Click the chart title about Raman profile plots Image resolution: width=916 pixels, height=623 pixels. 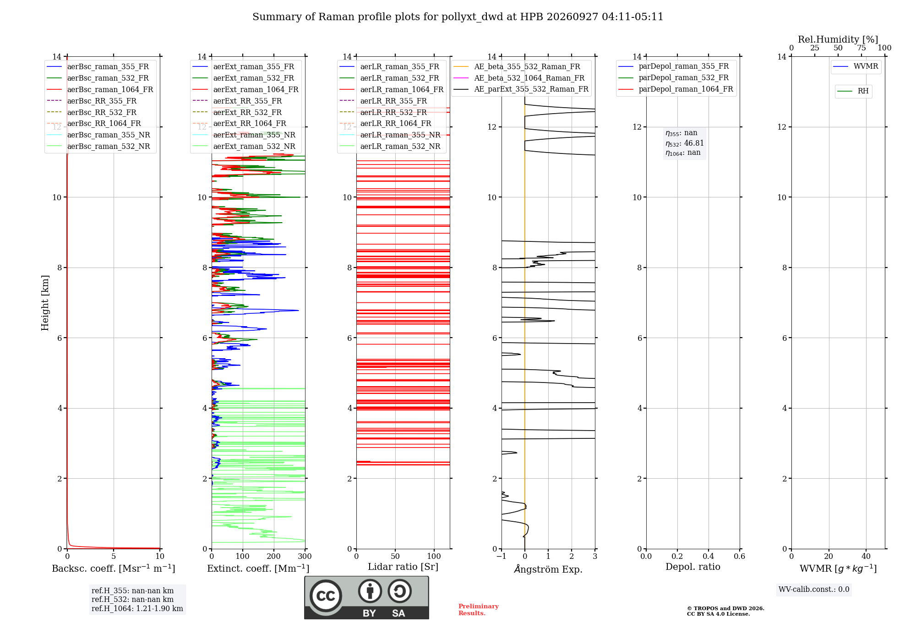458,17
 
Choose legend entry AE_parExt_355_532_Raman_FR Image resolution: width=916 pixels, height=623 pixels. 521,89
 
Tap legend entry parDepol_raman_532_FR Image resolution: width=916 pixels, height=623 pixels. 673,78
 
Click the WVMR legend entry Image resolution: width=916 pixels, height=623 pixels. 856,66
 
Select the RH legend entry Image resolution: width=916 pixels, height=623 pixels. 853,91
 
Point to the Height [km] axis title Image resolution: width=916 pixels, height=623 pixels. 45,303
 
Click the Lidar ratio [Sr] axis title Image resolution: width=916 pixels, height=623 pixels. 403,567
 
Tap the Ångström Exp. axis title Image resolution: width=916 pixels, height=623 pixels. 548,569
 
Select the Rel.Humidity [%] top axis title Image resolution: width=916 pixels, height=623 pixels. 838,39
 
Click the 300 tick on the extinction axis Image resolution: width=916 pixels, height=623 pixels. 305,557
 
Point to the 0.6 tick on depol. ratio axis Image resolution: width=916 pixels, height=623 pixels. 740,557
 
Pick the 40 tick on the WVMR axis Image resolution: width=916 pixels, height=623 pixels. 866,557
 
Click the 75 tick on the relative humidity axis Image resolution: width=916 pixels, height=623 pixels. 861,48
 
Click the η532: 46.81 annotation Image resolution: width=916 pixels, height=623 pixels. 685,143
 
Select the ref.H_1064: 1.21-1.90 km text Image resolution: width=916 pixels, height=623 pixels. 137,609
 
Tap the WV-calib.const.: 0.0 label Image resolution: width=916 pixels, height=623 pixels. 814,590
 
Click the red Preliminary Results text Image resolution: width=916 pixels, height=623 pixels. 479,610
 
